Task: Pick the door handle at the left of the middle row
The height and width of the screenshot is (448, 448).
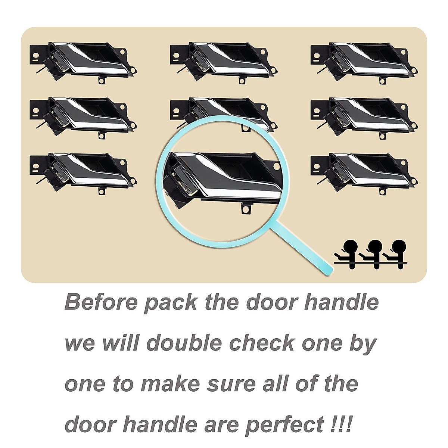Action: pos(84,116)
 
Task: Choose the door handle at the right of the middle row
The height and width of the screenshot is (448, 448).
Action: pos(364,116)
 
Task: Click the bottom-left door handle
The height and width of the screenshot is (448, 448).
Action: pos(84,172)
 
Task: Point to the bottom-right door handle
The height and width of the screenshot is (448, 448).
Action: pos(364,172)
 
